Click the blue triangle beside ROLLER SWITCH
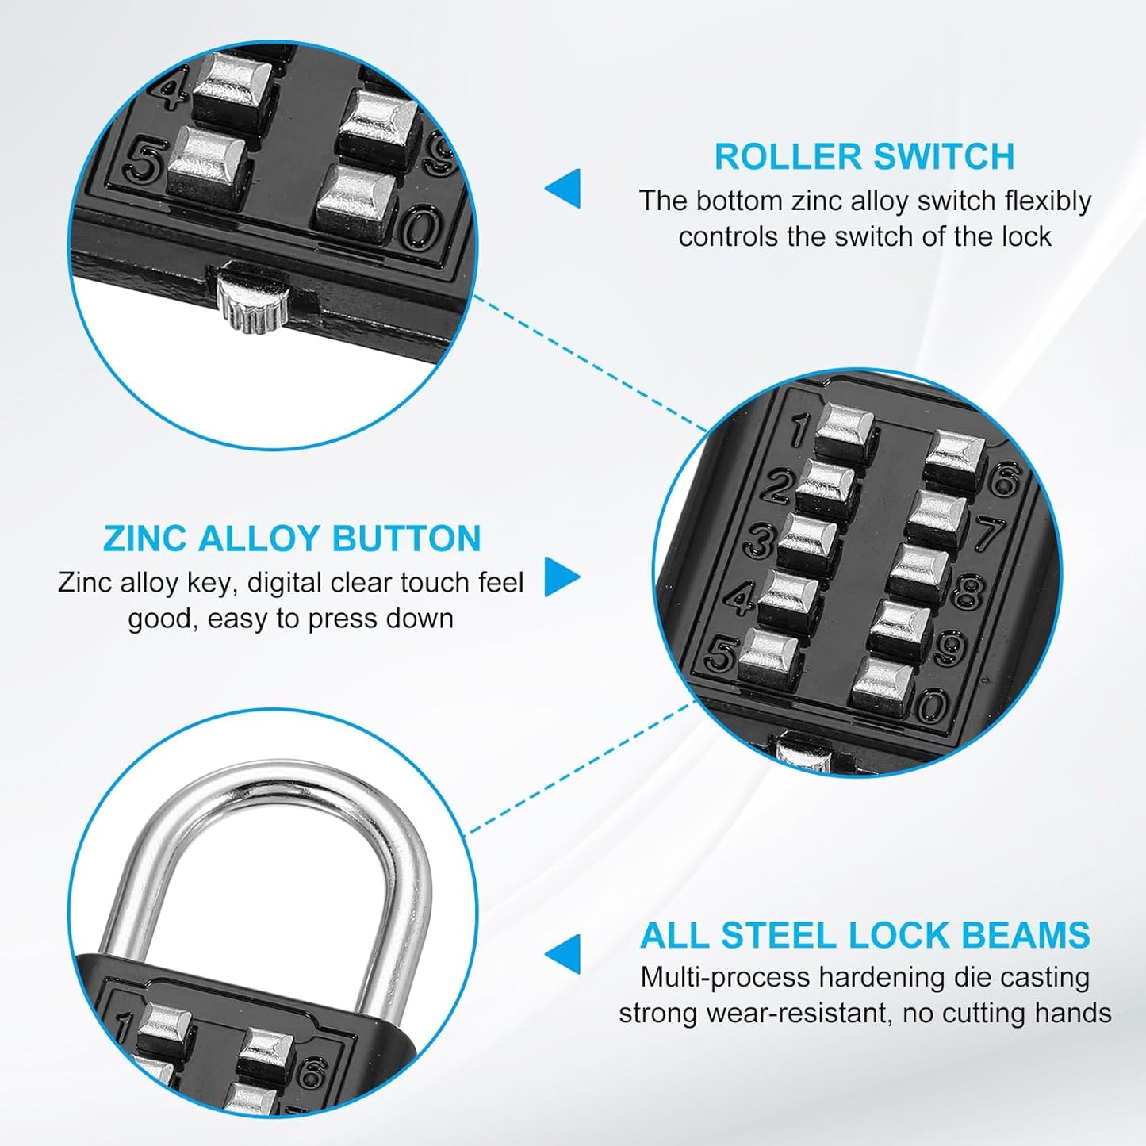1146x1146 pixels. pyautogui.click(x=564, y=189)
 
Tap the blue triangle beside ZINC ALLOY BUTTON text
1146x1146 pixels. pyautogui.click(x=561, y=577)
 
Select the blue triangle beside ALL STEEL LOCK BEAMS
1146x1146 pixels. pyautogui.click(x=564, y=953)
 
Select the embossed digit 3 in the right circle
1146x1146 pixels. pyautogui.click(x=759, y=541)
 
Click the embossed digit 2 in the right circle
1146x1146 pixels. pyautogui.click(x=777, y=486)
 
